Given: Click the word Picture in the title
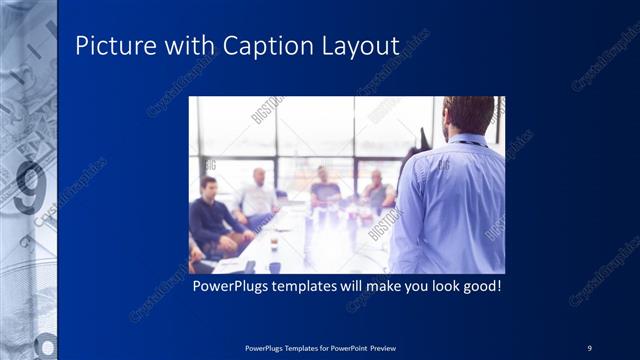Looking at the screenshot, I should [110, 46].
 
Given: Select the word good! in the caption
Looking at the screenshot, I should [478, 286].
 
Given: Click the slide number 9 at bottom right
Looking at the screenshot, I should [590, 347].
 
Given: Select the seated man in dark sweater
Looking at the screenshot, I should [211, 215].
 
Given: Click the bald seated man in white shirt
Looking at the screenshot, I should [258, 195].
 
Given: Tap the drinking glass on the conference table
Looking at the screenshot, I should [274, 243].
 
